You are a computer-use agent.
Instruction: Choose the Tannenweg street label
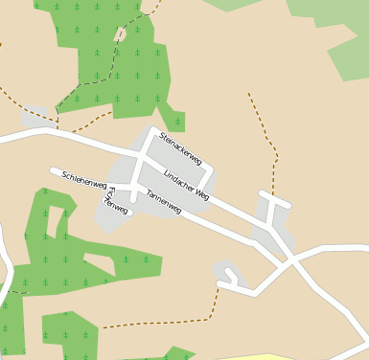(163, 202)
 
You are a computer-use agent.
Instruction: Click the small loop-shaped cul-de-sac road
(230, 279)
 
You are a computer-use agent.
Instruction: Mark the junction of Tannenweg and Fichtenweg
(134, 191)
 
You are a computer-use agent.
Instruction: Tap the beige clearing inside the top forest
(121, 34)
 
